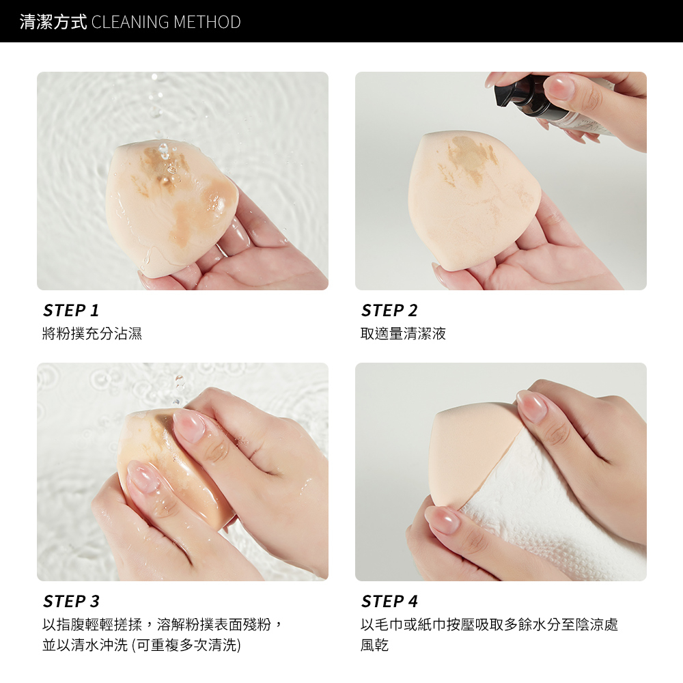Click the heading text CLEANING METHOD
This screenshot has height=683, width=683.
point(166,22)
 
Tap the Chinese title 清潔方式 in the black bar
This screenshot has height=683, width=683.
point(53,22)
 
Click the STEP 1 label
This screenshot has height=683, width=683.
point(71,311)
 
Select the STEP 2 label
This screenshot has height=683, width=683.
point(389,311)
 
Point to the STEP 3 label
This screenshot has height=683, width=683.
point(71,601)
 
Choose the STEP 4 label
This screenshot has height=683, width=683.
point(389,601)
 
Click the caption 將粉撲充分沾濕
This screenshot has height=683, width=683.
point(92,334)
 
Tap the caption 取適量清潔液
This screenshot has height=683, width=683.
point(404,334)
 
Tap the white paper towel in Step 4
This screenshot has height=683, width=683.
point(549,510)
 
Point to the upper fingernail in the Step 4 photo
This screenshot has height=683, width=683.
point(531,406)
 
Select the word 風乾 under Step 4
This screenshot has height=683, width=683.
point(374,645)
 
